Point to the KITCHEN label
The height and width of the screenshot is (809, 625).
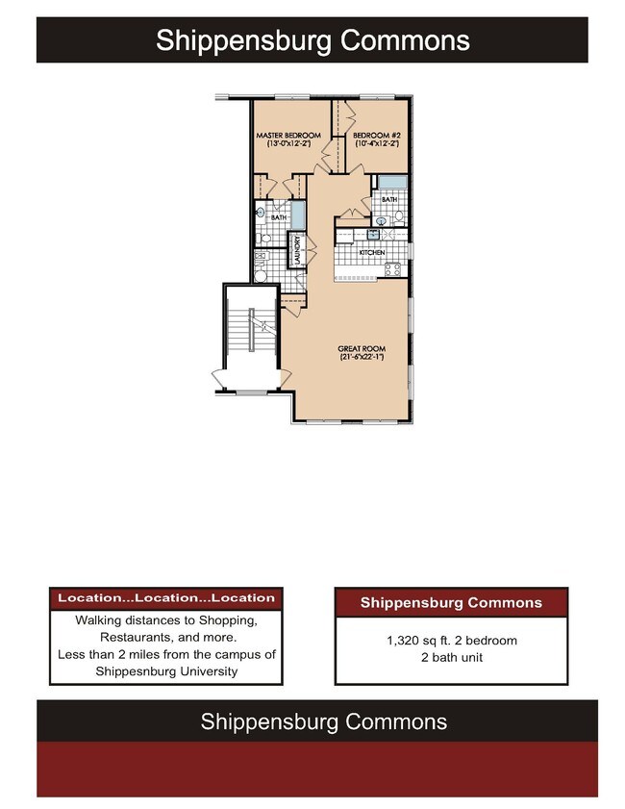point(372,253)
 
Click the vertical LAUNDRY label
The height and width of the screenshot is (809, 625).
point(298,250)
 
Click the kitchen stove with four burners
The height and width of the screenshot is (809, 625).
point(393,269)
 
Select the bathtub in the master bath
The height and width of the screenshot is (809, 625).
point(298,214)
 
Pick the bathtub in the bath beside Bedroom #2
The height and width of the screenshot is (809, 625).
point(391,182)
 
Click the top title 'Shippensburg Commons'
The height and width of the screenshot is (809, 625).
point(312,40)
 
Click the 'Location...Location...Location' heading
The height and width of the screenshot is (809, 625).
point(165,597)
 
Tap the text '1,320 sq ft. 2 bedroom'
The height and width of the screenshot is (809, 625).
point(451,640)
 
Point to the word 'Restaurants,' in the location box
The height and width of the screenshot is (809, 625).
point(141,638)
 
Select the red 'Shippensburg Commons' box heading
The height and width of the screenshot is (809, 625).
point(451,603)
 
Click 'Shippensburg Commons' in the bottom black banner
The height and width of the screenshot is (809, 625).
point(323,721)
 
